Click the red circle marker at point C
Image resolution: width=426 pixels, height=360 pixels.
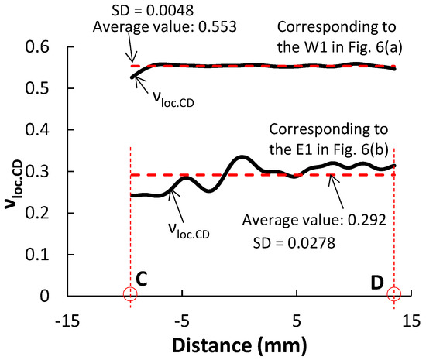pos(130,294)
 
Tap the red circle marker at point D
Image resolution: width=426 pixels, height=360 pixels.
pos(395,294)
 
